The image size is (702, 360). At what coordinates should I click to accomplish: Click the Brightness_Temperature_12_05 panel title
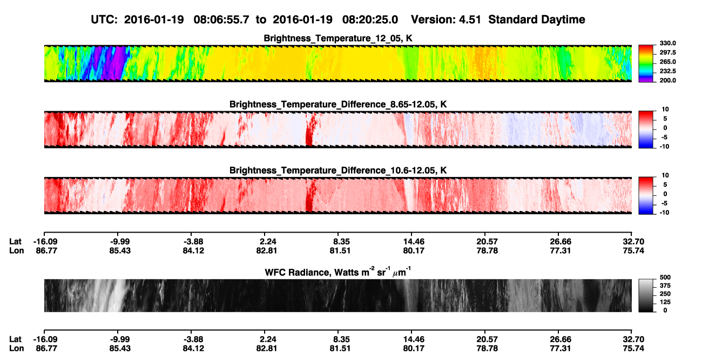[338, 38]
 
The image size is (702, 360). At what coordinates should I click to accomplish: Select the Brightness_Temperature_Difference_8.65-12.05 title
[338, 104]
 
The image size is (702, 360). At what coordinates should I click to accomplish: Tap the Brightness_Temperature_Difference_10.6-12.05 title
[338, 171]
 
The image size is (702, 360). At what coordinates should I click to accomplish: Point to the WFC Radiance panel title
[338, 271]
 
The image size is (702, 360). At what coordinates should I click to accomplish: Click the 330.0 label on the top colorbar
[667, 43]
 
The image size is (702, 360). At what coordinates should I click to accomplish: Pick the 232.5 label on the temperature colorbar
[667, 71]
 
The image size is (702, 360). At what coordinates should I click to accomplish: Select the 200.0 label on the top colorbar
[667, 80]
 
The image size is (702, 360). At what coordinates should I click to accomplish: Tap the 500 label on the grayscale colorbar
[665, 277]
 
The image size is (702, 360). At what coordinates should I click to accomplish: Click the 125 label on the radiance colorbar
[665, 302]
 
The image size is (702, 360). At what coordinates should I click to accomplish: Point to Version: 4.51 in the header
[446, 20]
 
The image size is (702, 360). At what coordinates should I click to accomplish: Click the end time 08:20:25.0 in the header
[370, 20]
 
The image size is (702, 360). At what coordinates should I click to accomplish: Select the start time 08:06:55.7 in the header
[221, 20]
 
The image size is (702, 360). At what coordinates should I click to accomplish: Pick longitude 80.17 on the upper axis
[414, 250]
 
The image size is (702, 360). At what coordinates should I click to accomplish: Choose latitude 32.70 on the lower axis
[633, 339]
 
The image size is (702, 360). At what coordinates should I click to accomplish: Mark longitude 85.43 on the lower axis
[120, 349]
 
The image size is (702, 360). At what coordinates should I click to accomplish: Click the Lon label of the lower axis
[17, 349]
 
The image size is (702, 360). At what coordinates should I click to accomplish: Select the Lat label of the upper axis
[15, 242]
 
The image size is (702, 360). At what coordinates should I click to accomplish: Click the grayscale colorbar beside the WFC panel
[646, 295]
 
